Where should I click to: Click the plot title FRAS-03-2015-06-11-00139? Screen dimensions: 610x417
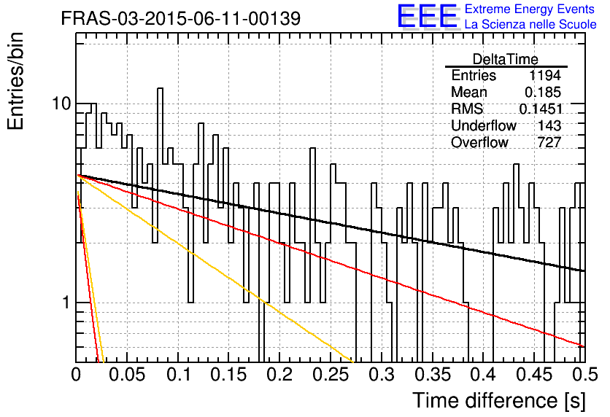click(x=181, y=18)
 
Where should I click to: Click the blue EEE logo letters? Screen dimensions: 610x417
click(x=427, y=16)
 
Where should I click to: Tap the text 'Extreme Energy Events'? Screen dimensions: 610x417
click(x=530, y=9)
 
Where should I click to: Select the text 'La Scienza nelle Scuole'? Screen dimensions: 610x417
click(x=530, y=24)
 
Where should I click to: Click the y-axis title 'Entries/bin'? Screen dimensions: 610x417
click(x=15, y=81)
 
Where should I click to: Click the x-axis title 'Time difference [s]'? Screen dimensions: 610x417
click(x=499, y=400)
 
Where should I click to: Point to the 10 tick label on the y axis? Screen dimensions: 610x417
click(x=62, y=104)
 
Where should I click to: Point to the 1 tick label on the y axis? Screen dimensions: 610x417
click(x=66, y=303)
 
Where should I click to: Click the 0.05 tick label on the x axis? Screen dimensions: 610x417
click(x=127, y=375)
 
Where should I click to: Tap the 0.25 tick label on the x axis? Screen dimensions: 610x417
click(x=331, y=375)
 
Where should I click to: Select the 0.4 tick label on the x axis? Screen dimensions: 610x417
click(x=483, y=375)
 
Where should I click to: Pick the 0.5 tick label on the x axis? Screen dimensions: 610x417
click(x=584, y=375)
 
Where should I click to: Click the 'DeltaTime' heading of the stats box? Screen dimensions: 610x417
click(x=506, y=59)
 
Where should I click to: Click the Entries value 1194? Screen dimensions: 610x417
click(x=544, y=75)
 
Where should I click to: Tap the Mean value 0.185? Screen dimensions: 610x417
click(x=543, y=92)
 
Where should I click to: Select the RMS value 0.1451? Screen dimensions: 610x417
click(x=541, y=109)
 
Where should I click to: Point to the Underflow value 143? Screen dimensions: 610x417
click(x=549, y=125)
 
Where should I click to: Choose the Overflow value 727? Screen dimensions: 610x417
click(x=549, y=142)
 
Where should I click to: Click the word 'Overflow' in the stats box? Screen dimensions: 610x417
click(x=479, y=142)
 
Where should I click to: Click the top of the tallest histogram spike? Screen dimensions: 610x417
click(x=160, y=89)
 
